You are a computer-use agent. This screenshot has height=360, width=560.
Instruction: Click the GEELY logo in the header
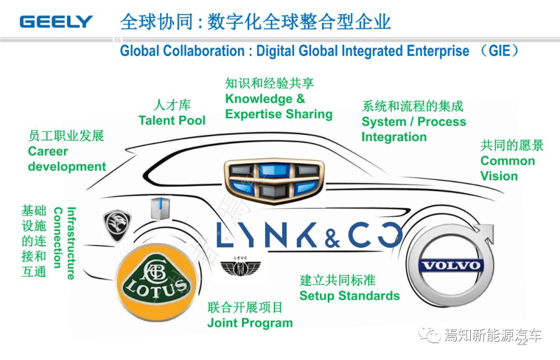(56, 21)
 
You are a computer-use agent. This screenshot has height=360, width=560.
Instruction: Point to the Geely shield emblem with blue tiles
(275, 179)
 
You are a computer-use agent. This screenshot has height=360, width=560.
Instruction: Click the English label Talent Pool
(172, 120)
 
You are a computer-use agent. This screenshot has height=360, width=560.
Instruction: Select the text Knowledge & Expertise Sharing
(278, 106)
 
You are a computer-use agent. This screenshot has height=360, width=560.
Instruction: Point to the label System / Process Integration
(413, 129)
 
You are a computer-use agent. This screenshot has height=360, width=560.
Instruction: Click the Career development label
(67, 159)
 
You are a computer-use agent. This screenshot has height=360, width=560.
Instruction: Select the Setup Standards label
(349, 296)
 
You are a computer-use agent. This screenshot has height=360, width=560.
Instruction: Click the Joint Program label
(250, 323)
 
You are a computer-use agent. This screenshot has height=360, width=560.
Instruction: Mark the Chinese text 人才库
(172, 105)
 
